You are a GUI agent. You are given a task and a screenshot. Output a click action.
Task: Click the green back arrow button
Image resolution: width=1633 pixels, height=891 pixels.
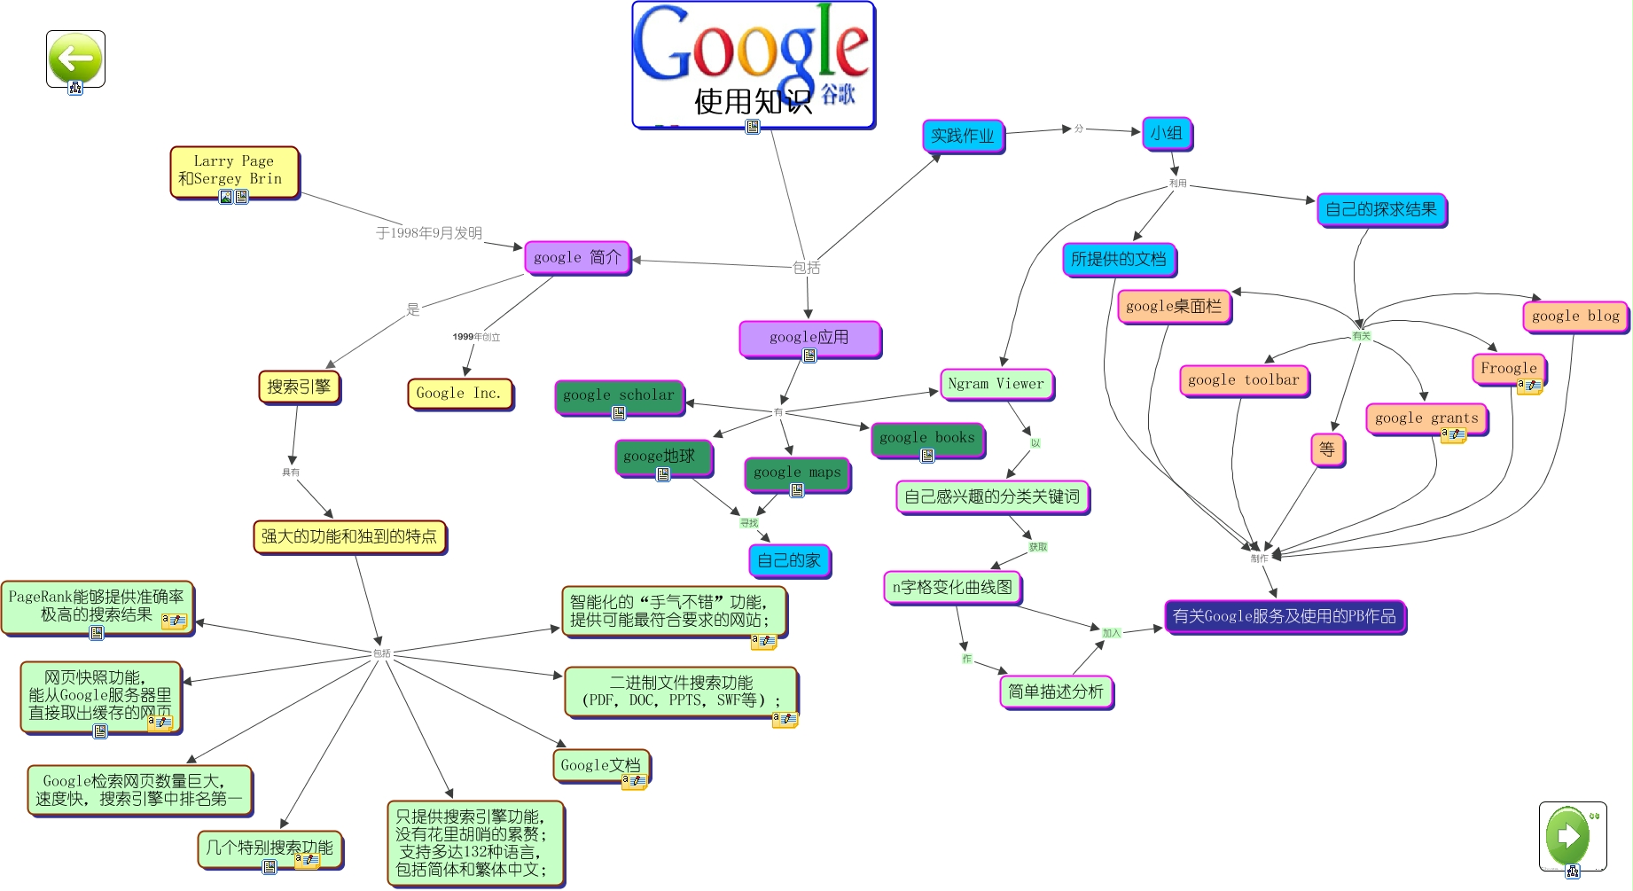click(x=75, y=59)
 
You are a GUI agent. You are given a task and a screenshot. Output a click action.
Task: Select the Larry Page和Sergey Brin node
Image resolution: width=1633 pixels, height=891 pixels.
click(x=234, y=170)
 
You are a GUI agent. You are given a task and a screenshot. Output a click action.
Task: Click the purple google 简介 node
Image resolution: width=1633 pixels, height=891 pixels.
click(x=577, y=258)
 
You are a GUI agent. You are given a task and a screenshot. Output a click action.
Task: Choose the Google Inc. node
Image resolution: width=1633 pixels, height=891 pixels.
click(x=459, y=393)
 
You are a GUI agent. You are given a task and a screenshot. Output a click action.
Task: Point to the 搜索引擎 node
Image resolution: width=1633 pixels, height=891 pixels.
click(x=299, y=387)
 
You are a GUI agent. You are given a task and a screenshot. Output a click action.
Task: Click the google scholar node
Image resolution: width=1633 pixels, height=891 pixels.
click(x=618, y=395)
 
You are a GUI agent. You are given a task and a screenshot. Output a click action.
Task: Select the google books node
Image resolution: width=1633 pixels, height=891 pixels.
click(x=926, y=438)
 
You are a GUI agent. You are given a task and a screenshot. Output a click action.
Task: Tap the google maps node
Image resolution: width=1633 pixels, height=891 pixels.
click(x=796, y=473)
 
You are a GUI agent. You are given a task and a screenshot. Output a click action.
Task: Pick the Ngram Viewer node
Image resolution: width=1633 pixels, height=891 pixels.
click(x=996, y=384)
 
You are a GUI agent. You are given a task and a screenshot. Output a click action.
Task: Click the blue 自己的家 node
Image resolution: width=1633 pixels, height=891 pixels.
click(x=788, y=560)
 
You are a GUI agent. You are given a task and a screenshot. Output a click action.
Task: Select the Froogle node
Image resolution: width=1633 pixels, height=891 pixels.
click(x=1508, y=368)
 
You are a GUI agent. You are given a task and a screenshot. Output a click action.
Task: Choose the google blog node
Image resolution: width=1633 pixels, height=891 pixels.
click(x=1574, y=316)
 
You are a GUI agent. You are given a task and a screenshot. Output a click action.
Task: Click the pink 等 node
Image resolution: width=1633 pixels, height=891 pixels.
click(x=1326, y=449)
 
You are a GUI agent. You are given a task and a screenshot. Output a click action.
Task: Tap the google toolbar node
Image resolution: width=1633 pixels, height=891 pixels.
click(x=1243, y=380)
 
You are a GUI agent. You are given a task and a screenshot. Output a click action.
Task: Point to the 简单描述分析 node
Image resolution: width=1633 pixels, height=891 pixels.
click(x=1055, y=692)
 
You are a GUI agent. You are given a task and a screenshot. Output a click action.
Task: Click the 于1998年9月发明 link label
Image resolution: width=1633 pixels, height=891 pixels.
click(x=429, y=233)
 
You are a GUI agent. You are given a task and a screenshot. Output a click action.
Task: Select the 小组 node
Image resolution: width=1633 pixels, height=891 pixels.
click(x=1166, y=134)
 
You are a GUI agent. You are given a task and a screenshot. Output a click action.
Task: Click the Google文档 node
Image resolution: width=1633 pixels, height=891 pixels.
click(x=600, y=765)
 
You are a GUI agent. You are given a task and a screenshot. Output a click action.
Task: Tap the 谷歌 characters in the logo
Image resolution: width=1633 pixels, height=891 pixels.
click(x=837, y=94)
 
